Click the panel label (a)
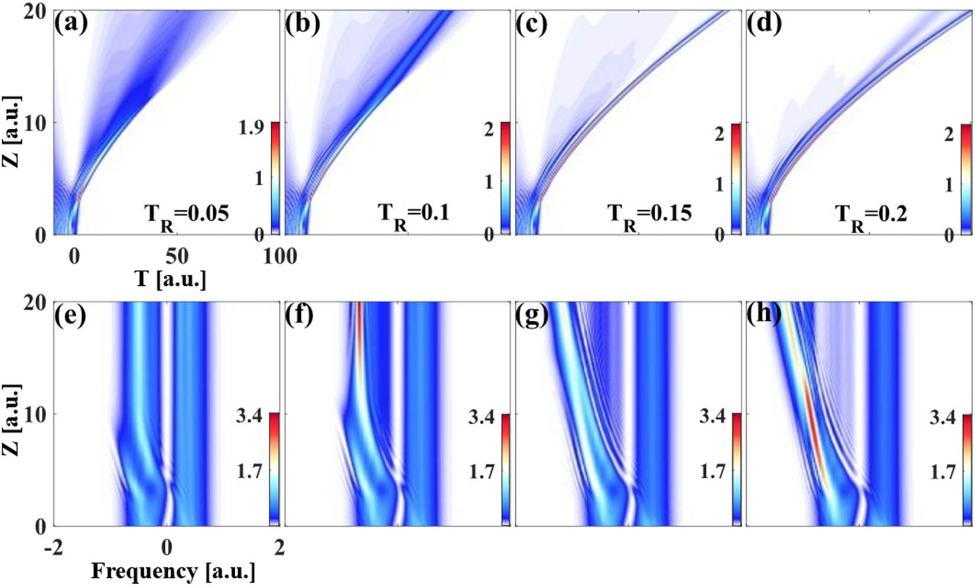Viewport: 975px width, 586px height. (x=70, y=24)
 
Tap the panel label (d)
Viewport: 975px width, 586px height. (x=764, y=24)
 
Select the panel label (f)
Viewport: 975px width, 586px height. (x=301, y=315)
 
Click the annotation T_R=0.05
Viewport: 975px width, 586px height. (x=187, y=214)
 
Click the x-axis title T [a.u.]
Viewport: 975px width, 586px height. (x=171, y=279)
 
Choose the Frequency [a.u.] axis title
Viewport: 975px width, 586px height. (x=173, y=572)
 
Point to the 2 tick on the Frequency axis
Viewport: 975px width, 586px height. (x=279, y=548)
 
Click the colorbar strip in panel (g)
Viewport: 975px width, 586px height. (x=736, y=469)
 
